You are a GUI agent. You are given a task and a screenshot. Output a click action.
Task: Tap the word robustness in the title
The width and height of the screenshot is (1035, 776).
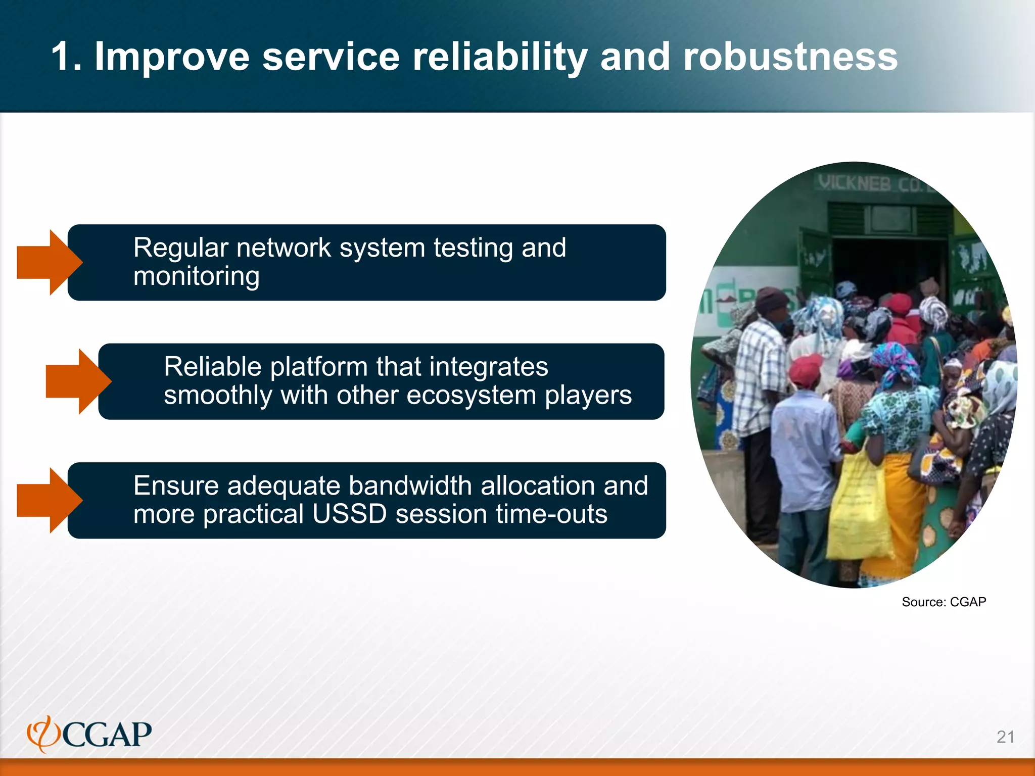point(790,57)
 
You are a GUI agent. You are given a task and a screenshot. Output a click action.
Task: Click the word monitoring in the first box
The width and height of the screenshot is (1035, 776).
point(196,276)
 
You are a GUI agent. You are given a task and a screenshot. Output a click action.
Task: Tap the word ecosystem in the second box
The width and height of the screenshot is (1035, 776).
point(471,395)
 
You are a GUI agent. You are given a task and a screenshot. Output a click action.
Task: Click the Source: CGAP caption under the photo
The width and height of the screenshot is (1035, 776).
point(944,602)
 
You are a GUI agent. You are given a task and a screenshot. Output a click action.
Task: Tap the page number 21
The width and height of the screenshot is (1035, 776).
point(1005,737)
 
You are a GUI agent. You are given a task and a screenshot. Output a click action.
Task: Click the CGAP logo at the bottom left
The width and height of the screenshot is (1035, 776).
point(90,734)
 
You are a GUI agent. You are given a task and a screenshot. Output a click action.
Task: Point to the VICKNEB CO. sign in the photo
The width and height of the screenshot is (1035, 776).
point(874,183)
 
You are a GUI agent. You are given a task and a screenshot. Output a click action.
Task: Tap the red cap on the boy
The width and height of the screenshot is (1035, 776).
point(806,367)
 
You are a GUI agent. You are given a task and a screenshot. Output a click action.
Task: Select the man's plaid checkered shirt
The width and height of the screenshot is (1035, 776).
point(758,374)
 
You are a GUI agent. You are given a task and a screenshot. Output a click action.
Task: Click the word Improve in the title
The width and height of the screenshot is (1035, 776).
point(172,57)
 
